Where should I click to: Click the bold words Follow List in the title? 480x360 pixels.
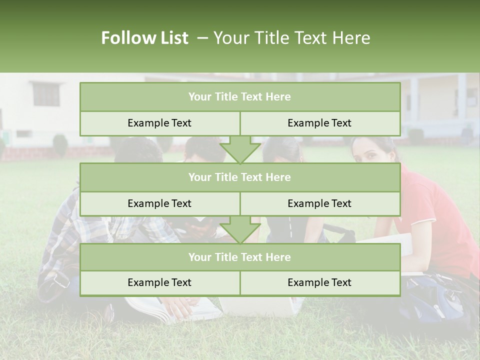tap(144, 38)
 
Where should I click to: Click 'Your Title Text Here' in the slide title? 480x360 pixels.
tap(291, 38)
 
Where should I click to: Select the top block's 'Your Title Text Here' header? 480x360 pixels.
tap(239, 97)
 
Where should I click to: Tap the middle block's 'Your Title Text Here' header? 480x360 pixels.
tap(239, 177)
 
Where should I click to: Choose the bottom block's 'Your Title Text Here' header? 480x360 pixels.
tap(239, 257)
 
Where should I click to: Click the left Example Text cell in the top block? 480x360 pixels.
tap(159, 123)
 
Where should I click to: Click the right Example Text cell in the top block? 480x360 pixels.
tap(319, 123)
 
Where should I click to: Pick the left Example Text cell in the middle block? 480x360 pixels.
tap(159, 203)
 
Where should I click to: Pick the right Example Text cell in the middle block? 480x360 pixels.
tap(319, 203)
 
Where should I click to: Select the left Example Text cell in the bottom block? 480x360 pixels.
tap(159, 282)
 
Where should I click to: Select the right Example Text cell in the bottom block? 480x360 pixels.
tap(319, 282)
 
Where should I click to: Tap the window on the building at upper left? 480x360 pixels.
tap(46, 94)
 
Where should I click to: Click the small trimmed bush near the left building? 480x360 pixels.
tap(60, 144)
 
